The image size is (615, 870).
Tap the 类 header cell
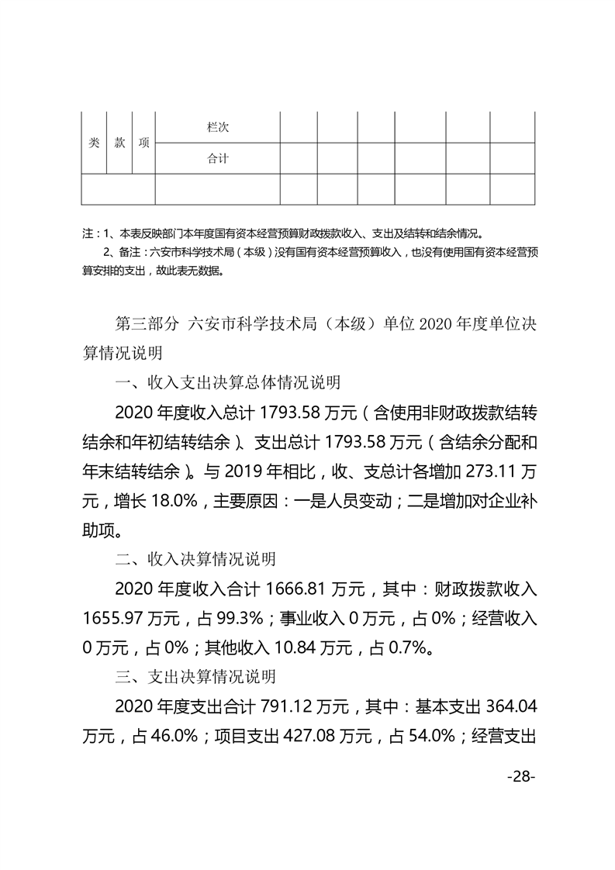94,143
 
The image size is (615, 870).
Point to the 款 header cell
119,143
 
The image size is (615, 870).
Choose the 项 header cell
143,143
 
